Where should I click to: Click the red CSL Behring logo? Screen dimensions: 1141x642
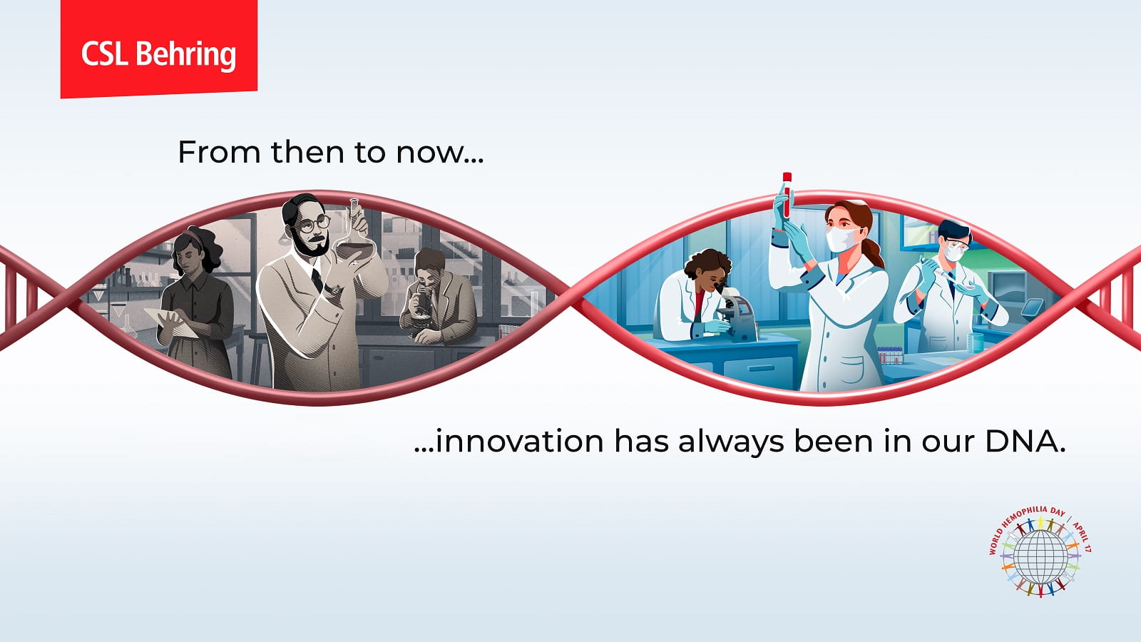coord(159,49)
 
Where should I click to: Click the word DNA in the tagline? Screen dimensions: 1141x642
coord(1025,442)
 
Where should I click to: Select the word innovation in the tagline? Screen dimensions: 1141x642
coord(520,442)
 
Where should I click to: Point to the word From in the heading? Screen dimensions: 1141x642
coord(219,153)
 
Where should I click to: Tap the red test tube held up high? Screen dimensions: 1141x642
coord(787,195)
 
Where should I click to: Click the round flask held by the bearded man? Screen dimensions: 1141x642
coord(354,236)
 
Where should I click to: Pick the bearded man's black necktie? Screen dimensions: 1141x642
coord(317,280)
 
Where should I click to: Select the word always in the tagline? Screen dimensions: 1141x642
coord(732,442)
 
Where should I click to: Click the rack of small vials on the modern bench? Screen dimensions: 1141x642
coord(891,355)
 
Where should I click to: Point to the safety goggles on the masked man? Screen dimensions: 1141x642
coord(955,246)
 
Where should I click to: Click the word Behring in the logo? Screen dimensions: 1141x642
coord(186,55)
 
